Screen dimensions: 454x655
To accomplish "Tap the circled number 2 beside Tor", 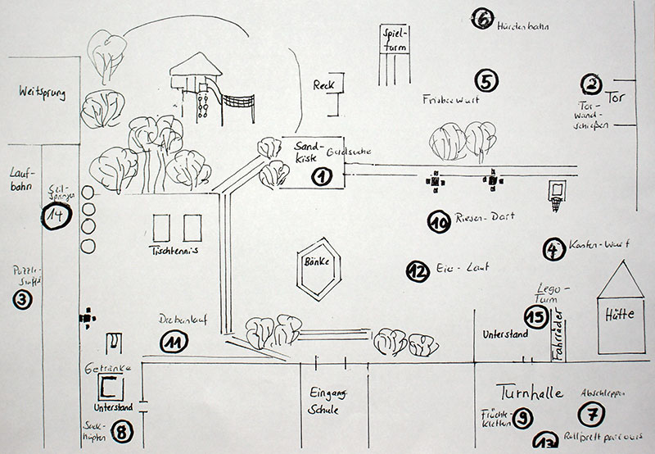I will pos(590,83).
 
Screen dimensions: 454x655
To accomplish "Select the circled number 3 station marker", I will pos(21,301).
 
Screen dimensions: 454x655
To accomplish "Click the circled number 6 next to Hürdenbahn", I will pos(482,18).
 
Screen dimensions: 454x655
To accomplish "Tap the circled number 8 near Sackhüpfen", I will pos(121,432).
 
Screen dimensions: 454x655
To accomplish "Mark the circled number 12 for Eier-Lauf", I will pos(418,271).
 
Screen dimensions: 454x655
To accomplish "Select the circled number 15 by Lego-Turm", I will pos(535,317).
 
